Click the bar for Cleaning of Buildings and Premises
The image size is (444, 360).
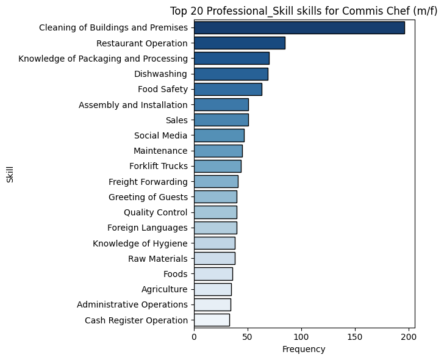pos(299,27)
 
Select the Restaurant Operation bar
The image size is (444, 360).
pos(239,43)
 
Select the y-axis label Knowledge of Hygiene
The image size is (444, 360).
pos(140,243)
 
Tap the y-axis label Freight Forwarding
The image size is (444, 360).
pos(148,182)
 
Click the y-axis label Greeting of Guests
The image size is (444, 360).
pos(148,197)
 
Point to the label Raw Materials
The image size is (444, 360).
pos(157,259)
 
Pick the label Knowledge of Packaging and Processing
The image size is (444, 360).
pos(102,59)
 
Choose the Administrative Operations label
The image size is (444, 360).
pos(132,304)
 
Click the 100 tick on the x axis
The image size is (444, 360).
pos(301,336)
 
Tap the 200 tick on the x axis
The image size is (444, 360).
pos(409,336)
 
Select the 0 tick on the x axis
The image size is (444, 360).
pos(194,336)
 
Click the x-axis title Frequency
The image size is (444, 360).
pos(304,350)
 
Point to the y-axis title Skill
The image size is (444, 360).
pos(10,174)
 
